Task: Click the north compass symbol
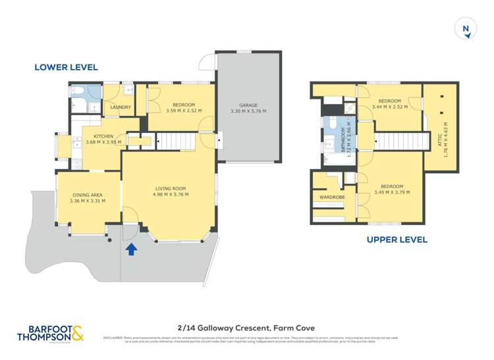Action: click(466, 28)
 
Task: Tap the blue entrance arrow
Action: click(131, 249)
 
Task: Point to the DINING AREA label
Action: click(88, 195)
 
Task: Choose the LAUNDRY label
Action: click(121, 107)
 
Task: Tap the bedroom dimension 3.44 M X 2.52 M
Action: click(389, 106)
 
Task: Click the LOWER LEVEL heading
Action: click(66, 67)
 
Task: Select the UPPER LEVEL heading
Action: click(397, 240)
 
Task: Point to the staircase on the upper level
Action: click(398, 141)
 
